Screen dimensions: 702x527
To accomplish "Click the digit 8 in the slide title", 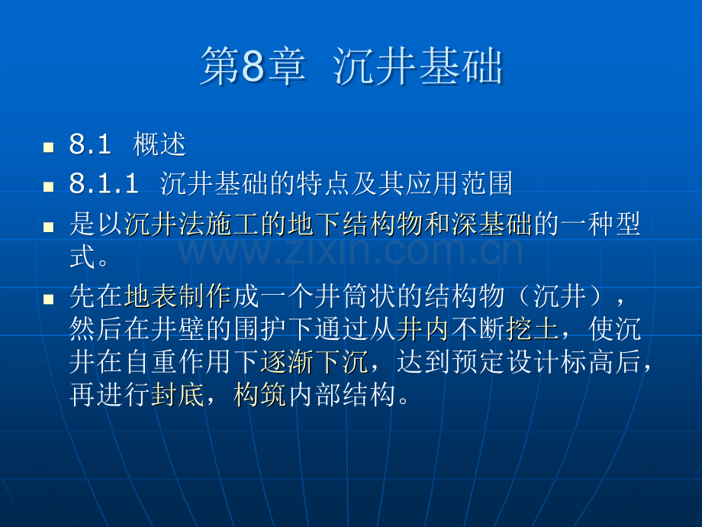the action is click(x=253, y=66).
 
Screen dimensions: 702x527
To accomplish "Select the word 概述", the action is click(x=159, y=144).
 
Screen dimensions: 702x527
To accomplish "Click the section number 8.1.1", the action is click(x=104, y=184).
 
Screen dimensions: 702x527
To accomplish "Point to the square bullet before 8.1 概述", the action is click(x=48, y=147).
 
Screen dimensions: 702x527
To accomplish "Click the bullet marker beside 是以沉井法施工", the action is click(x=48, y=227).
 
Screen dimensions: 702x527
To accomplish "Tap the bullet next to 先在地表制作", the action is click(x=48, y=299).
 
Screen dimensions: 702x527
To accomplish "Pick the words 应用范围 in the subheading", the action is click(x=459, y=183).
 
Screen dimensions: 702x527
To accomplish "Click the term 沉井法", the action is click(x=165, y=224).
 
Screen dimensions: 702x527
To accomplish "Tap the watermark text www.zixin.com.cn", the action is click(x=350, y=251).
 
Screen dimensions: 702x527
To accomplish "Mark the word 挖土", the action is click(x=533, y=329).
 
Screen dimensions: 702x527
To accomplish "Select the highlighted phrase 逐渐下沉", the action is click(x=314, y=361).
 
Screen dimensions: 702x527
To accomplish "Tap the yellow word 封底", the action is click(x=178, y=395).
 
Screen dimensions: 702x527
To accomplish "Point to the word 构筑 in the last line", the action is click(x=260, y=395).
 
